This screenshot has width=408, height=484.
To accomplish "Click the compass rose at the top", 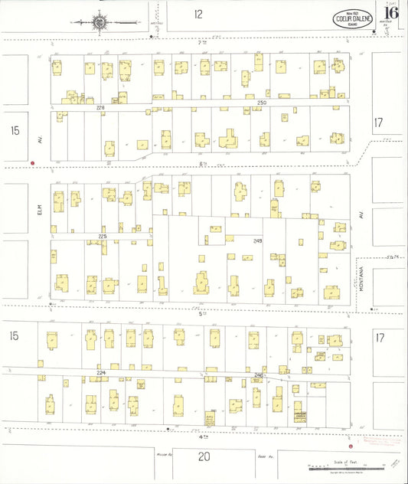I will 100,22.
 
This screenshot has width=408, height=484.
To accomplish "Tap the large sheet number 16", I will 391,13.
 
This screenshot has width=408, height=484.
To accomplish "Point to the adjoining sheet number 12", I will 198,14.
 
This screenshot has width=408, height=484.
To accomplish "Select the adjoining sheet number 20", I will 204,457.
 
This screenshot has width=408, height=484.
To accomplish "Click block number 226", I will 100,108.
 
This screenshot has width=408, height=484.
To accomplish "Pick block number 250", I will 262,103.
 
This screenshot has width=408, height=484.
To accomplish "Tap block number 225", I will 102,237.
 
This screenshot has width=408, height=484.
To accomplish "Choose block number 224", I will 100,373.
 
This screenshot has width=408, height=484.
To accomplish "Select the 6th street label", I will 203,164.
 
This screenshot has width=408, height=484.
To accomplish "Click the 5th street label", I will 203,313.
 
